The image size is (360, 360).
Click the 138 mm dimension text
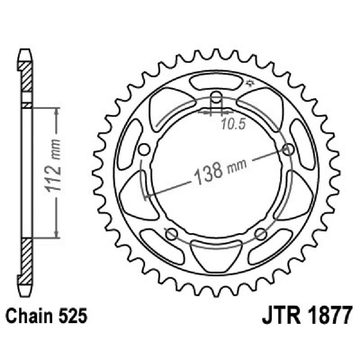(x=221, y=170)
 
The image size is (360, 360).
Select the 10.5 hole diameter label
(x=233, y=125)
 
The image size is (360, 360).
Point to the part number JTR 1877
(x=306, y=315)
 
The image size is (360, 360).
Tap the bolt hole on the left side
(x=144, y=149)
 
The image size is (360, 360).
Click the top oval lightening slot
(x=216, y=83)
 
